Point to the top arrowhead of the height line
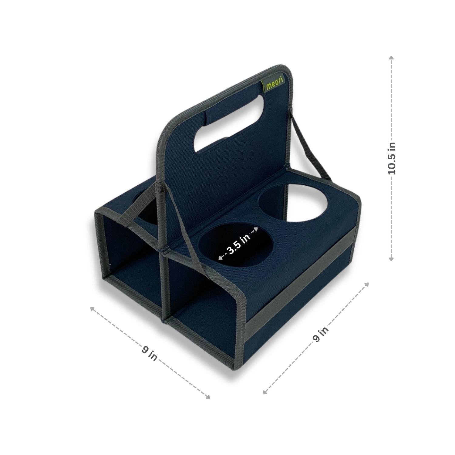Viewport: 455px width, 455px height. [x=391, y=58]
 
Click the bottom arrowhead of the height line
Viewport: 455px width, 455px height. [x=391, y=258]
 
